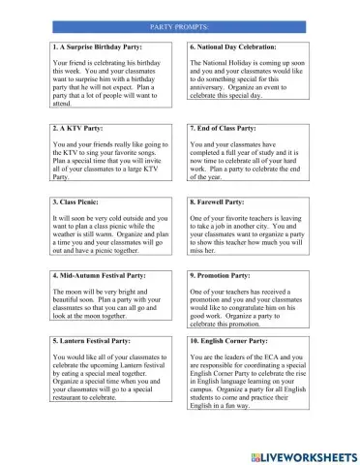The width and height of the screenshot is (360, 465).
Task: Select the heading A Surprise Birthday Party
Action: [x=102, y=46]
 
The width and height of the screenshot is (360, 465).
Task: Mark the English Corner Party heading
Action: [x=234, y=342]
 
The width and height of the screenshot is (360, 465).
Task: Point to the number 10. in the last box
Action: [x=195, y=342]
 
